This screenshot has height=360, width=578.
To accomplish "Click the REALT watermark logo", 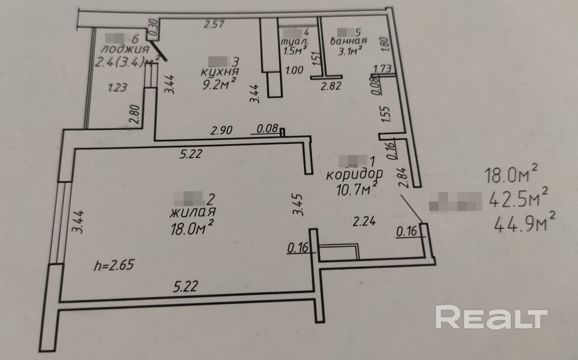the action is tap(491, 318).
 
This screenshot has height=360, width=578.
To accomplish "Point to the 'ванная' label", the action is tap(348, 42).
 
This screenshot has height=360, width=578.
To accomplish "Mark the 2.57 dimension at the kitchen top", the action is tap(215, 24).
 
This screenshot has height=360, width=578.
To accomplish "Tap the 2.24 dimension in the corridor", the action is tap(363, 222).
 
